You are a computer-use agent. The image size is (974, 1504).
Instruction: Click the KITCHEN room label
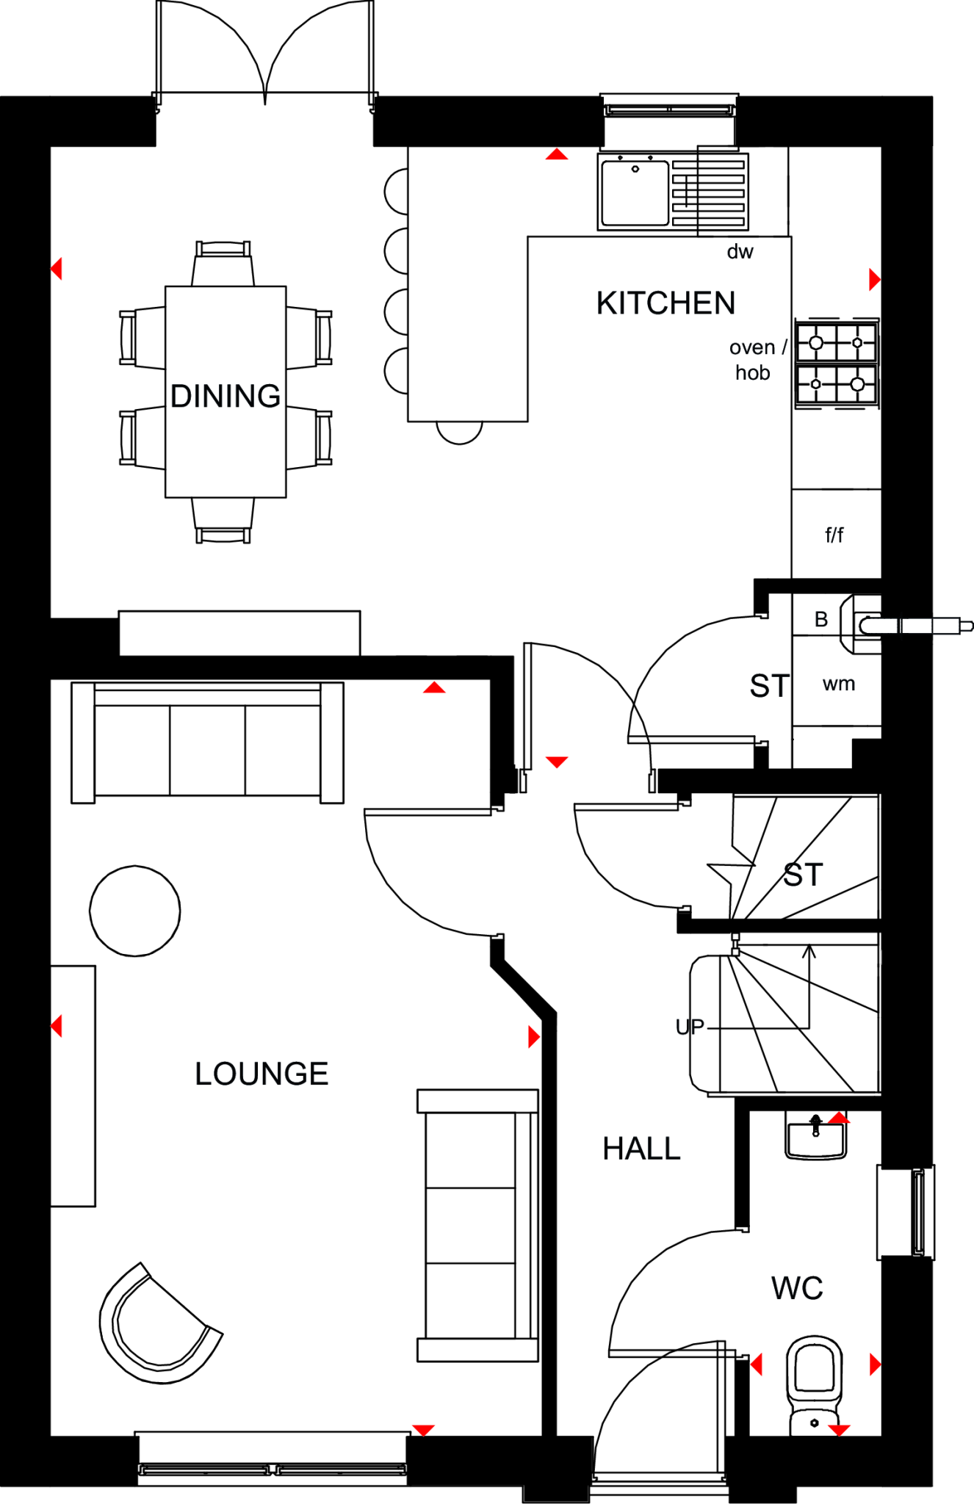[x=665, y=303]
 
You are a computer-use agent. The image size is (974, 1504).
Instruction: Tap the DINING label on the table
[x=226, y=396]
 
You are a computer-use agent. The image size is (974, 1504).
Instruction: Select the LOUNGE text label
[x=261, y=1074]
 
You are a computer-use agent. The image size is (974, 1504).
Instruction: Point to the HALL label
[x=641, y=1149]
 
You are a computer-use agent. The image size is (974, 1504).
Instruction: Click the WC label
[x=797, y=1288]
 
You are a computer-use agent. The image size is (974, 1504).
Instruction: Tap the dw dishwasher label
[x=740, y=252]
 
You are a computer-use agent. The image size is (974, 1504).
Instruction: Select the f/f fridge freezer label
[x=834, y=535]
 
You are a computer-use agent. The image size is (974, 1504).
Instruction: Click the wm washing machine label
[x=838, y=684]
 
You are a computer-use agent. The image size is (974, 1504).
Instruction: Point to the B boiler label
[x=821, y=619]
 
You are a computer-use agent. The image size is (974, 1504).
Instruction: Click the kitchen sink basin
[x=635, y=192]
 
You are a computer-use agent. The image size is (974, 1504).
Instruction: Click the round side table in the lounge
[x=135, y=911]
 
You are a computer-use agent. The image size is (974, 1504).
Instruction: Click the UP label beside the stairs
[x=689, y=1027]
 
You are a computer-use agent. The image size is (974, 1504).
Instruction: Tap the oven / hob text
[x=757, y=360]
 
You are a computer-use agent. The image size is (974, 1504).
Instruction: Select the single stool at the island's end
[x=459, y=432]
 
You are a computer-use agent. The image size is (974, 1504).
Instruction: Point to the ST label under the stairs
[x=803, y=875]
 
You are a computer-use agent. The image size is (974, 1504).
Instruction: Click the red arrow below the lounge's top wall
[x=434, y=688]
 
